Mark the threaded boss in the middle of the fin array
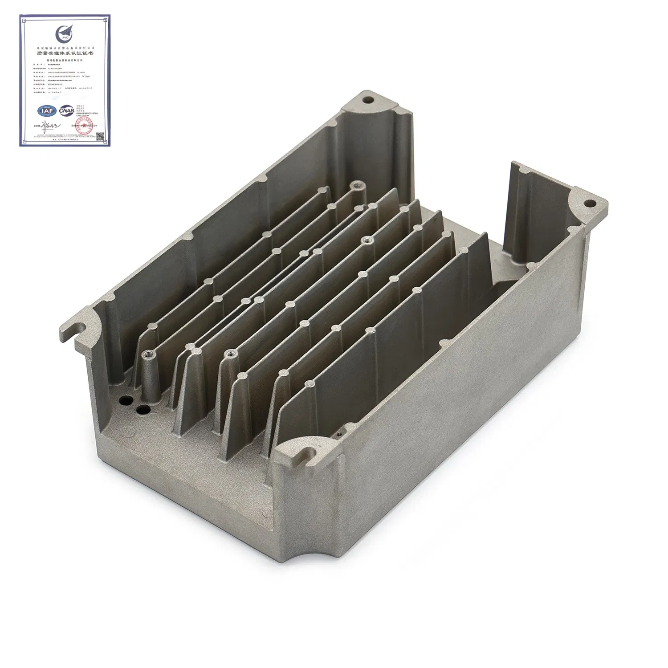368,240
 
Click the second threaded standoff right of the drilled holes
231,354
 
